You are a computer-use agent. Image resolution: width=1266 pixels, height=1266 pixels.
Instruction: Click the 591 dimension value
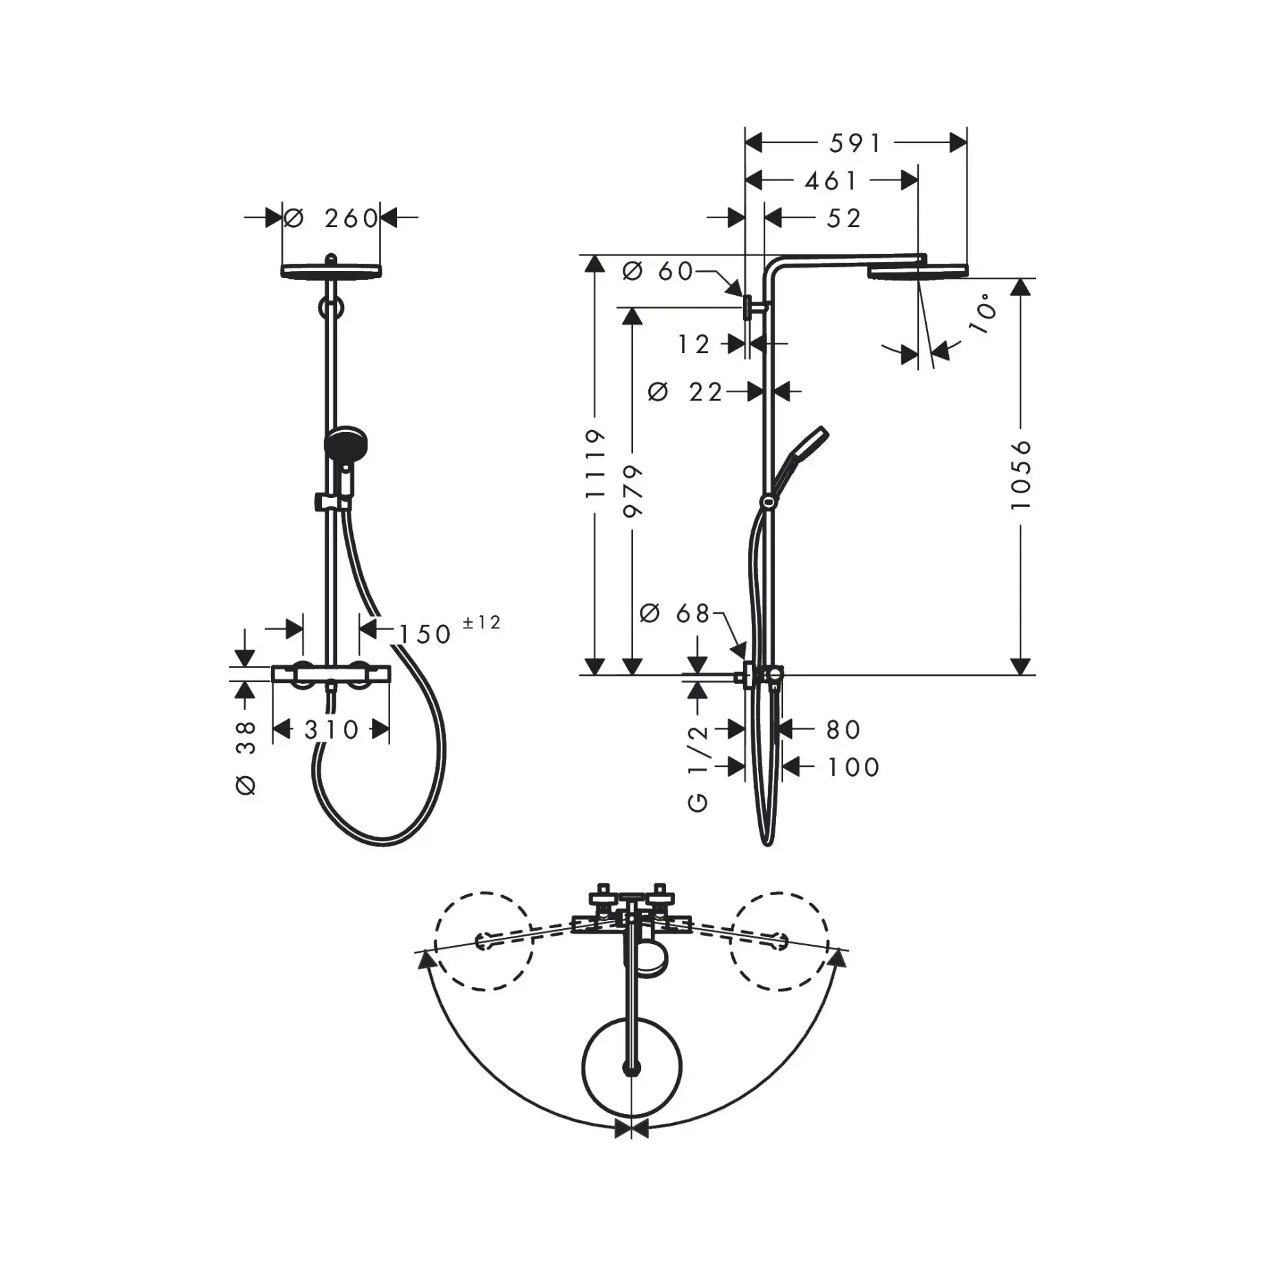tap(855, 143)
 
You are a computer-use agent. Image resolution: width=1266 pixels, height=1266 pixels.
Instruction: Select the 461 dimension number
tap(831, 181)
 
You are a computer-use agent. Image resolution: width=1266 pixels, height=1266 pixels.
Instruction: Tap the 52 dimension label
tap(844, 218)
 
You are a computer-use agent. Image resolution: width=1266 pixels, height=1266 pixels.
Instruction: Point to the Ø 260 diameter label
tap(331, 218)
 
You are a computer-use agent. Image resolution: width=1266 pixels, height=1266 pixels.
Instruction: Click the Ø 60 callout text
tap(658, 271)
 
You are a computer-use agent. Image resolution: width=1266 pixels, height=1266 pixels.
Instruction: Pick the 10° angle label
tap(983, 314)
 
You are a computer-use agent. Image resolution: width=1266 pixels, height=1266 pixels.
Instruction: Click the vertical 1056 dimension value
tap(1021, 475)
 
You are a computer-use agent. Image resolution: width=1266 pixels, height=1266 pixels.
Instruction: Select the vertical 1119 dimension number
tap(594, 464)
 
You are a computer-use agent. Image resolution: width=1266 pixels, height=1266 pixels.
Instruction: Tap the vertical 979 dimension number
tap(632, 491)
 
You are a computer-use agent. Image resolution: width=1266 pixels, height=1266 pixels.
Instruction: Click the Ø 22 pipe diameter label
tap(685, 392)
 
